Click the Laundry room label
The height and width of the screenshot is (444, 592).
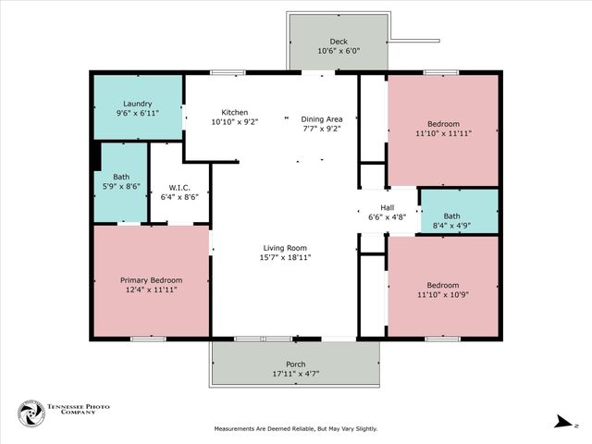137,105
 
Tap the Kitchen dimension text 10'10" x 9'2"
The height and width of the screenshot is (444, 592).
228,122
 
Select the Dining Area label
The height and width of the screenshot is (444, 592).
322,119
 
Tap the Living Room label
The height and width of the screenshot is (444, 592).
285,247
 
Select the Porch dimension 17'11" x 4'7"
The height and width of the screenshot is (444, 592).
296,375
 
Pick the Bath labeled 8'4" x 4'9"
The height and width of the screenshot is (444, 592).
460,216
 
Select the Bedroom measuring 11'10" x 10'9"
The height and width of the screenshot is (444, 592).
442,284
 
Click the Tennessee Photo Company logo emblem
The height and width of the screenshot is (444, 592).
32,413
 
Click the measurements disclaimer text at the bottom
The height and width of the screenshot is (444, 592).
296,429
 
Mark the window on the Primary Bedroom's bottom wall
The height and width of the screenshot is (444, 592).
147,339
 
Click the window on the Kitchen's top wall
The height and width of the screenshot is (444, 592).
228,72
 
